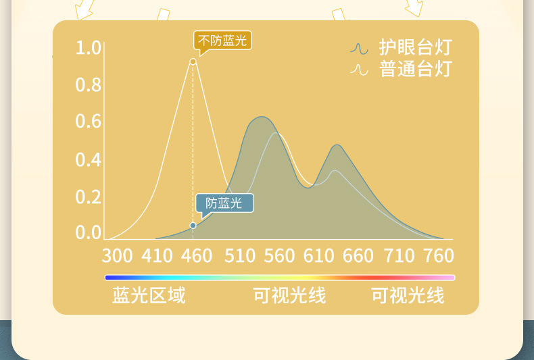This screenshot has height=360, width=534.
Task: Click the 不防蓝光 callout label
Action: pyautogui.click(x=223, y=41)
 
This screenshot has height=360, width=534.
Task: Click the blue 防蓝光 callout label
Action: pyautogui.click(x=225, y=203)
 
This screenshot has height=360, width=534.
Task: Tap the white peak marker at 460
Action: pyautogui.click(x=193, y=61)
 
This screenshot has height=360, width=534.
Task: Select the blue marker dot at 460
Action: pyautogui.click(x=193, y=226)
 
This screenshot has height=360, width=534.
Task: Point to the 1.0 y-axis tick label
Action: pyautogui.click(x=88, y=48)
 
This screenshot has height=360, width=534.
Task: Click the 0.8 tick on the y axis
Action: pyautogui.click(x=88, y=84)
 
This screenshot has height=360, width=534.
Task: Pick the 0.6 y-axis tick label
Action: pyautogui.click(x=88, y=122)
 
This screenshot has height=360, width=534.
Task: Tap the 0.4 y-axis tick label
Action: pyautogui.click(x=88, y=159)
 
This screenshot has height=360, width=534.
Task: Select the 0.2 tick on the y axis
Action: pyautogui.click(x=88, y=197)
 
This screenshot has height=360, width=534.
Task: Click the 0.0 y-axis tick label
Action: pyautogui.click(x=88, y=233)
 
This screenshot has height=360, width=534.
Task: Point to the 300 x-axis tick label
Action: pyautogui.click(x=117, y=255)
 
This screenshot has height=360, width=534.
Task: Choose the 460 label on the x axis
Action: pyautogui.click(x=197, y=255)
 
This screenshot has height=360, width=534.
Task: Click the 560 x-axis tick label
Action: pyautogui.click(x=279, y=255)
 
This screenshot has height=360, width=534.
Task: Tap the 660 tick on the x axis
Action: pyautogui.click(x=358, y=255)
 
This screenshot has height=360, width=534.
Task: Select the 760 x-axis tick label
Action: pyautogui.click(x=439, y=255)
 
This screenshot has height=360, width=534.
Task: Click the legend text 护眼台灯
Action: pyautogui.click(x=416, y=47)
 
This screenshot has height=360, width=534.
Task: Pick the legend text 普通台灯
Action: pyautogui.click(x=416, y=69)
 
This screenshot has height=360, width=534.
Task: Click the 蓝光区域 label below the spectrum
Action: pyautogui.click(x=149, y=295)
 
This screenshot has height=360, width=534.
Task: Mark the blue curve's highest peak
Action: pyautogui.click(x=262, y=117)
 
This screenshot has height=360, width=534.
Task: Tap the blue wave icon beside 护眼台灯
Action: pyautogui.click(x=359, y=49)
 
